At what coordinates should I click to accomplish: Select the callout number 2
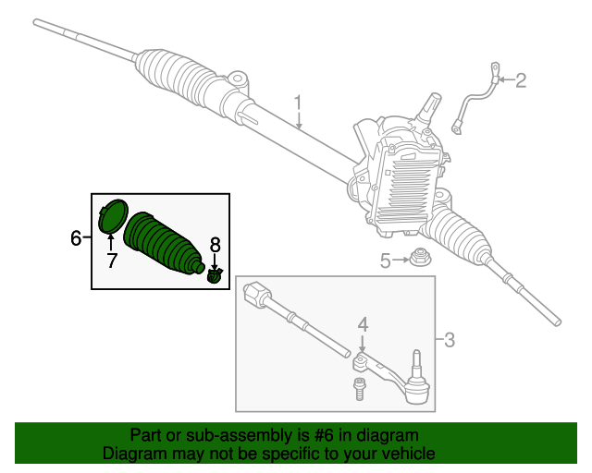(520, 81)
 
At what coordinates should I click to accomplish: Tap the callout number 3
(449, 340)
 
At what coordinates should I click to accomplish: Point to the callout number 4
(363, 324)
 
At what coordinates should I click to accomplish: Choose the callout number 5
(386, 261)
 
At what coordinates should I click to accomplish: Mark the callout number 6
(76, 238)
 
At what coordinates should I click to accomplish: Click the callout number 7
(111, 261)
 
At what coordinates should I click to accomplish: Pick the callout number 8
(215, 245)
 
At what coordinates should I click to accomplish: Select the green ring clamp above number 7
(112, 214)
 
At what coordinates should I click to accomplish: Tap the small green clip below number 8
(216, 276)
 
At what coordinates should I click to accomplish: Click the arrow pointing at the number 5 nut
(402, 261)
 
